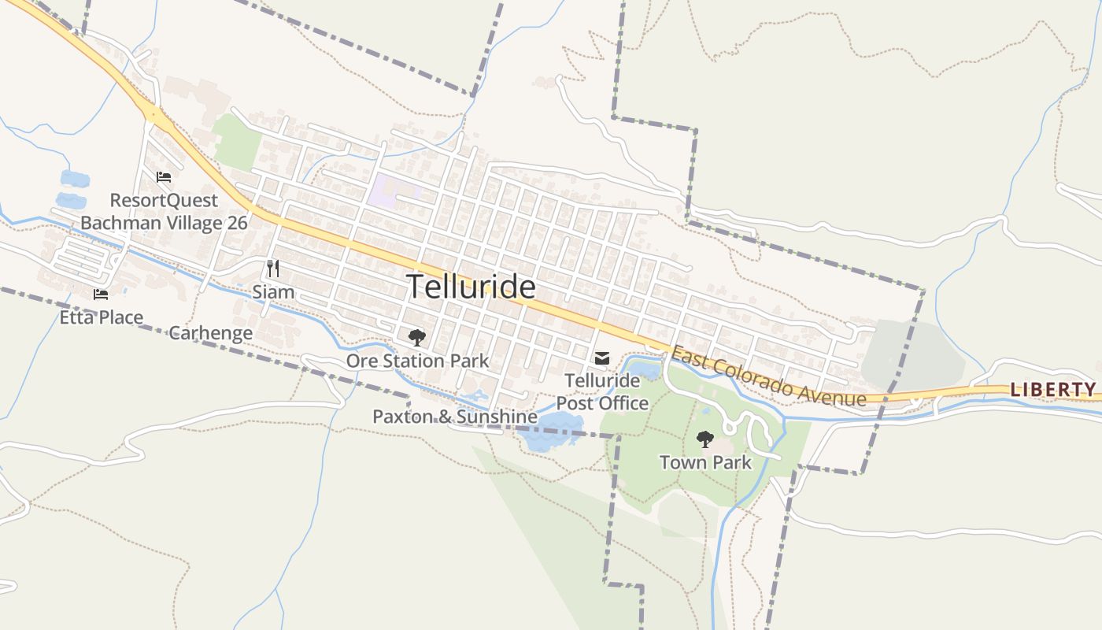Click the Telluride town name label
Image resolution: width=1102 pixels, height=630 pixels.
point(471,287)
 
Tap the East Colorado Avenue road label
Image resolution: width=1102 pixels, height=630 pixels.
point(767,377)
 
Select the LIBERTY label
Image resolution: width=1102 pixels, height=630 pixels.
point(1053,389)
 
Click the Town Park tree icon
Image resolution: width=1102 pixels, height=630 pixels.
point(705,439)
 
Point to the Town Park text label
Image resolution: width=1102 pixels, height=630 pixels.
point(705,462)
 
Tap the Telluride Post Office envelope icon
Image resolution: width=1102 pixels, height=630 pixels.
point(602,359)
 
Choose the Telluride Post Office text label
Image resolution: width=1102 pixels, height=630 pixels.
point(602,392)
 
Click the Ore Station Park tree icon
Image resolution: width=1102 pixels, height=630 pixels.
point(417,338)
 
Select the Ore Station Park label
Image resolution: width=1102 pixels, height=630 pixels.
point(417,361)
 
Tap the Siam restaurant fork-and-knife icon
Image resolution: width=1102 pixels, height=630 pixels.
point(273,269)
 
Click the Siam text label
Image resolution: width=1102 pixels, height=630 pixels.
point(273,292)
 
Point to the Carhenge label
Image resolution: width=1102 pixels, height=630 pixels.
point(211,333)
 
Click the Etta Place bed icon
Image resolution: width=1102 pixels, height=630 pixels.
point(101,295)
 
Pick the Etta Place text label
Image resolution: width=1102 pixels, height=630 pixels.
point(102,318)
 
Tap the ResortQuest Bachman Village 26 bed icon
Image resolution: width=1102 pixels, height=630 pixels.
point(164,176)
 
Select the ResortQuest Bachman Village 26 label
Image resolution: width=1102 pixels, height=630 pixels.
point(164,212)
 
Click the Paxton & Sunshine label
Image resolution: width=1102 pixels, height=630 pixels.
point(455,417)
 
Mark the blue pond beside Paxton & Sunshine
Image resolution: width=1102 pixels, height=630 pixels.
point(551,432)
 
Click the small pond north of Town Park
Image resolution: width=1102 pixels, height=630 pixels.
point(645,369)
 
